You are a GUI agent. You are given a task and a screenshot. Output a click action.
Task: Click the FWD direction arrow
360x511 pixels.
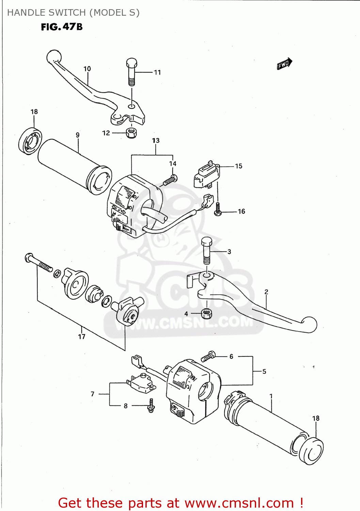point(284,64)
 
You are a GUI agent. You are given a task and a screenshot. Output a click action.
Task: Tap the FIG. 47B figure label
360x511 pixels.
point(62,27)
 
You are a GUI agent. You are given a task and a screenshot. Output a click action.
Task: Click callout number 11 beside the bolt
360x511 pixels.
point(157,72)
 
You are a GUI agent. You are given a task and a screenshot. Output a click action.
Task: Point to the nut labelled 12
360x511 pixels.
point(131,133)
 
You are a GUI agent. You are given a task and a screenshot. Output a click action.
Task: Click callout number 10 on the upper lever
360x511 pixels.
point(87,69)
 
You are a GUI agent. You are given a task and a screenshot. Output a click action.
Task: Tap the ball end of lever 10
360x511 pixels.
point(53,56)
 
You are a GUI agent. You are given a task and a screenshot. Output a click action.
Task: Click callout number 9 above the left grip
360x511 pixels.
point(78,135)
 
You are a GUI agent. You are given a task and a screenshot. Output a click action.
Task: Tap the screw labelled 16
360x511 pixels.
point(218,209)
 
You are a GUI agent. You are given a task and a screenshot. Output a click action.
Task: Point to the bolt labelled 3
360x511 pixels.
point(207,250)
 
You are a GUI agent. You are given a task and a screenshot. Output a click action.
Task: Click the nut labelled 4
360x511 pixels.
point(207,313)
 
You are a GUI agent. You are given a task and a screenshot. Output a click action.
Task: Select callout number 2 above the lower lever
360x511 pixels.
point(266,292)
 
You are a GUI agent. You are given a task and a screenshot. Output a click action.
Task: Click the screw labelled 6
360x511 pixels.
point(208,356)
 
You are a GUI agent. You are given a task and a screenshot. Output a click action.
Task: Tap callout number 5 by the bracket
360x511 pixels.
point(264,371)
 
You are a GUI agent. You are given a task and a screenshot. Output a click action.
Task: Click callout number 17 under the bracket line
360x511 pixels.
point(82,337)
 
